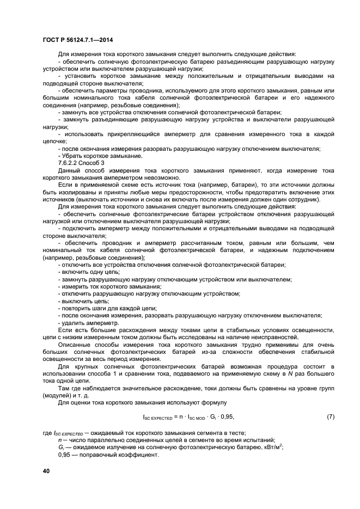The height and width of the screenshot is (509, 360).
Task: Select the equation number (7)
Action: [x=330, y=417]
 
